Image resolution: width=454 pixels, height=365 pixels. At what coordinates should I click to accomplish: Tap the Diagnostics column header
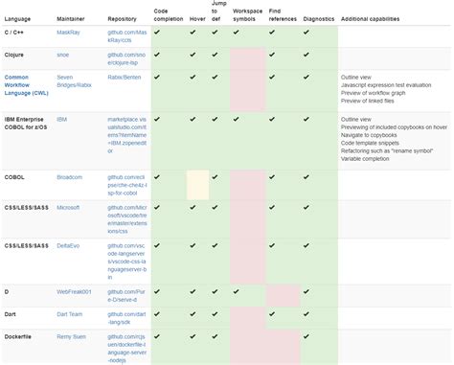[318, 18]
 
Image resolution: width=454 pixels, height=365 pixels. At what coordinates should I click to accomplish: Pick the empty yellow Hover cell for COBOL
[197, 185]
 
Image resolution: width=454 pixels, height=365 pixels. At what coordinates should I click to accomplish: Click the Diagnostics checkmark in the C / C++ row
[306, 32]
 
